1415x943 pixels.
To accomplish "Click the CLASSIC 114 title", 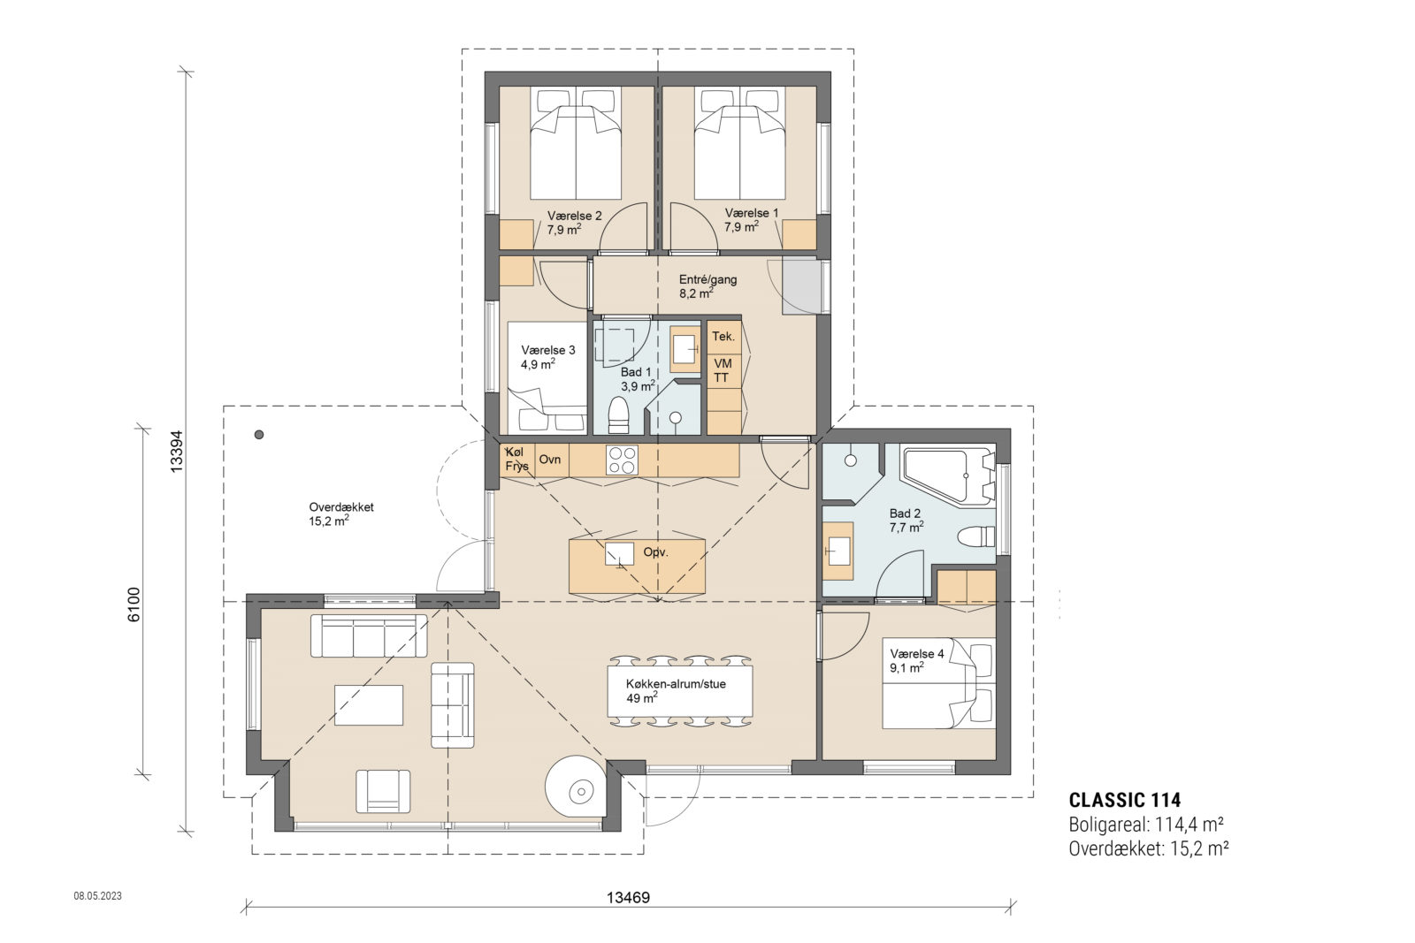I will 1124,801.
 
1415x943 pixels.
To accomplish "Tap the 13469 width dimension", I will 628,898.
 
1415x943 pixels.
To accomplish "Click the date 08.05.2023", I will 97,896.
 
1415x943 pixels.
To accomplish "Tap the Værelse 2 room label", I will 574,216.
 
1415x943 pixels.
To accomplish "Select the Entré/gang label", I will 707,279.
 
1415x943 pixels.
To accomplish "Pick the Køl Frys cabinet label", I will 517,460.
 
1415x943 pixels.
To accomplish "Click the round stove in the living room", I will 578,788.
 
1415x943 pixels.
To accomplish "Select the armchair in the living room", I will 383,790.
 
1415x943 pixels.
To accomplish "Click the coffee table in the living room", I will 369,705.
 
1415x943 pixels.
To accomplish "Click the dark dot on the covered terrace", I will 259,435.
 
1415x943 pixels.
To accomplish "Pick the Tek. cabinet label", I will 723,337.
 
